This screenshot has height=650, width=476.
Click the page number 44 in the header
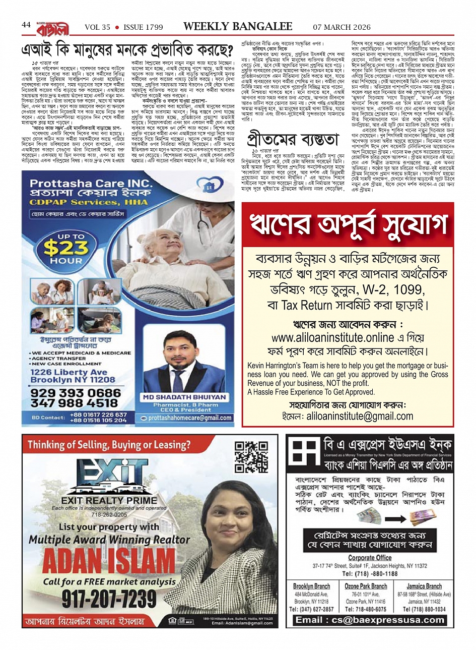26,25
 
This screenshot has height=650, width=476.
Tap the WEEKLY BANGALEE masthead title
237,26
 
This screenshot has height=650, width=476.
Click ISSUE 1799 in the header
143,27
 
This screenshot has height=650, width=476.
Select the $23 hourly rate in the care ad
66,248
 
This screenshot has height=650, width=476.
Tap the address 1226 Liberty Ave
69,372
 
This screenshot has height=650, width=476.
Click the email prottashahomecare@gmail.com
190,418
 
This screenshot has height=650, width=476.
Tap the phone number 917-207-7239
109,599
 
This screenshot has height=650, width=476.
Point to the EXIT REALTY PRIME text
109,501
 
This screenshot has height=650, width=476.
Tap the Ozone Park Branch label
366,586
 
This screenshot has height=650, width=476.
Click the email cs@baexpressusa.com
370,620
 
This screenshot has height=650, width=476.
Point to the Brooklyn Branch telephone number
311,609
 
